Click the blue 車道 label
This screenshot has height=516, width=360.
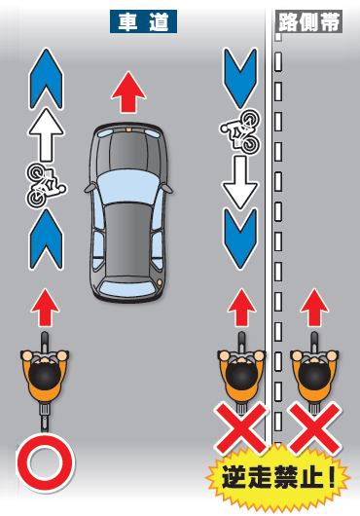coord(143,21)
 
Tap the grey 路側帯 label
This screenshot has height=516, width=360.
coord(308,21)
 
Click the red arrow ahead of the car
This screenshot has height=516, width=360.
coord(128,92)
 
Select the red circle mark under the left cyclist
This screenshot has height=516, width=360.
coord(45,463)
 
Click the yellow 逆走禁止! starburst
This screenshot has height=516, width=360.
coord(278,477)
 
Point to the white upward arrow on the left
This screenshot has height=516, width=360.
coord(46,135)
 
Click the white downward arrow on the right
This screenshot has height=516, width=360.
coord(240,182)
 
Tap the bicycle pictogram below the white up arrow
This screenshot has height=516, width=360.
coord(46,186)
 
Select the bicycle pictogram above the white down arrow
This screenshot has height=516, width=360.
coord(241,131)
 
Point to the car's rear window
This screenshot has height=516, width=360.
coord(128,286)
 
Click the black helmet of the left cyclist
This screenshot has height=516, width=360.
coord(45,376)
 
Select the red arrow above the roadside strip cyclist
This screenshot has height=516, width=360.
coord(314,308)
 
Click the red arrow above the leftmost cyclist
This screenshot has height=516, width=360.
coord(45,308)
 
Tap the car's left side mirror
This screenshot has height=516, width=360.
coord(90,188)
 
